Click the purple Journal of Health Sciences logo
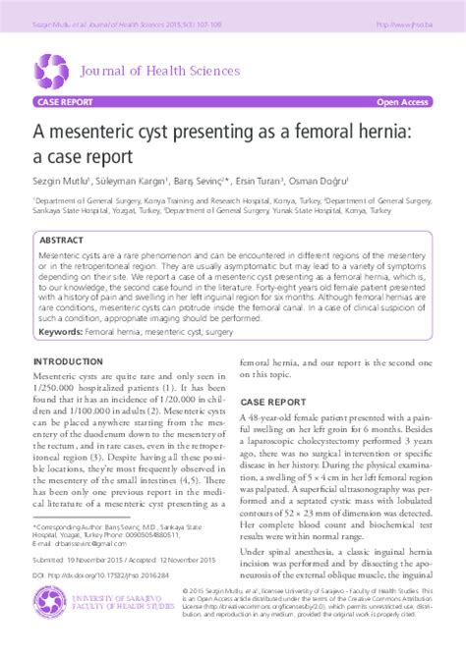click(51, 70)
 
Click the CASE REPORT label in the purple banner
click(65, 102)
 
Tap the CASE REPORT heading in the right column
click(273, 403)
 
